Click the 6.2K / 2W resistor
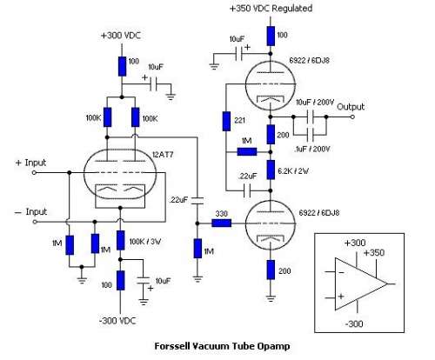(x=271, y=170)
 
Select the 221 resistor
(x=226, y=121)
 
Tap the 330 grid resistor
(x=222, y=223)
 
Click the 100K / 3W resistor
(x=121, y=240)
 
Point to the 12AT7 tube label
(x=163, y=155)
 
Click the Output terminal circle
(x=352, y=117)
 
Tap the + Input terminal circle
(x=34, y=173)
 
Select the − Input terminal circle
(x=35, y=222)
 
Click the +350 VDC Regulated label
(x=271, y=8)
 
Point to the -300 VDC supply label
(x=117, y=321)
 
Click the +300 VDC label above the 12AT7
(x=121, y=36)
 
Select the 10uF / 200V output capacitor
(x=310, y=117)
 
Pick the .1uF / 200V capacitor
(x=310, y=135)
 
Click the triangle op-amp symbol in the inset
(x=361, y=283)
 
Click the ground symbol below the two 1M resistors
(x=82, y=280)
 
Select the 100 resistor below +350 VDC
(x=271, y=36)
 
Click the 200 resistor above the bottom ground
(x=271, y=270)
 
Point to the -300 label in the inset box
(x=354, y=323)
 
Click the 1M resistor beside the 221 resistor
(x=247, y=151)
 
